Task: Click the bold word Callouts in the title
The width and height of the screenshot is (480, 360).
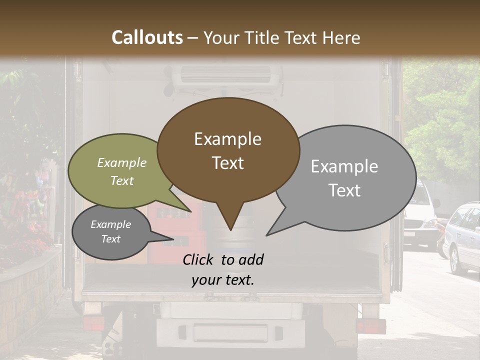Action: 147,37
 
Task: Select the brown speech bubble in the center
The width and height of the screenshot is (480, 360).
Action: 228,150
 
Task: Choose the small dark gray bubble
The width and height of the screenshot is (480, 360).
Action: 111,232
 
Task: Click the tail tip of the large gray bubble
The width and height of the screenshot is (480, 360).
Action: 267,234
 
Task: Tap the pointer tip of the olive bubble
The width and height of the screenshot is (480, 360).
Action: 190,211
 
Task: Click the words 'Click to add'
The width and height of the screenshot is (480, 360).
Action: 223,259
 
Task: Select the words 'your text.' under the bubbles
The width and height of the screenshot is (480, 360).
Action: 223,280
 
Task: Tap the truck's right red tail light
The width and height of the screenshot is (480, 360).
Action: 370,326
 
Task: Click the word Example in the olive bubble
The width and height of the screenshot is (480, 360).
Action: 122,163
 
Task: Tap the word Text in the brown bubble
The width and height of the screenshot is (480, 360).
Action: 228,163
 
